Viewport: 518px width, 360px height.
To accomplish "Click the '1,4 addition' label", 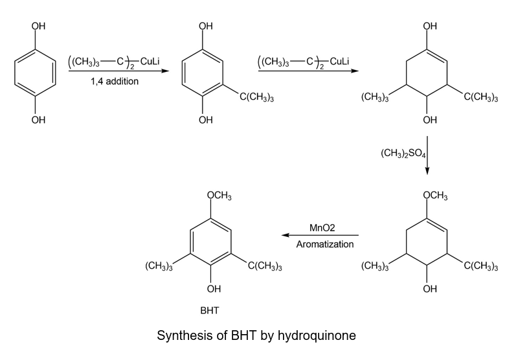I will [x=114, y=82].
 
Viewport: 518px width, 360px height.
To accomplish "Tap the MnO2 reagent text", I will [x=325, y=229].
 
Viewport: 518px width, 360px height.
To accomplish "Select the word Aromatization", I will [x=325, y=245].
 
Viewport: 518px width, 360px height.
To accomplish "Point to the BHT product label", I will [x=209, y=311].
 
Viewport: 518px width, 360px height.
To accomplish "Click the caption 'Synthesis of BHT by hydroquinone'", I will [x=257, y=336].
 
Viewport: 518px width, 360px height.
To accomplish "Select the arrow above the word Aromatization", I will [x=320, y=236].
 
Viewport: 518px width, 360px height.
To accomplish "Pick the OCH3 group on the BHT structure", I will [x=220, y=196].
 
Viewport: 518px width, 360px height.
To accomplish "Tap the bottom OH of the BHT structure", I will [x=214, y=288].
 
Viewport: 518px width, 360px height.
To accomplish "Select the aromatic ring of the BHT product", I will [x=214, y=242].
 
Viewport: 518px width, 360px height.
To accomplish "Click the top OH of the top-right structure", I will [x=429, y=27].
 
